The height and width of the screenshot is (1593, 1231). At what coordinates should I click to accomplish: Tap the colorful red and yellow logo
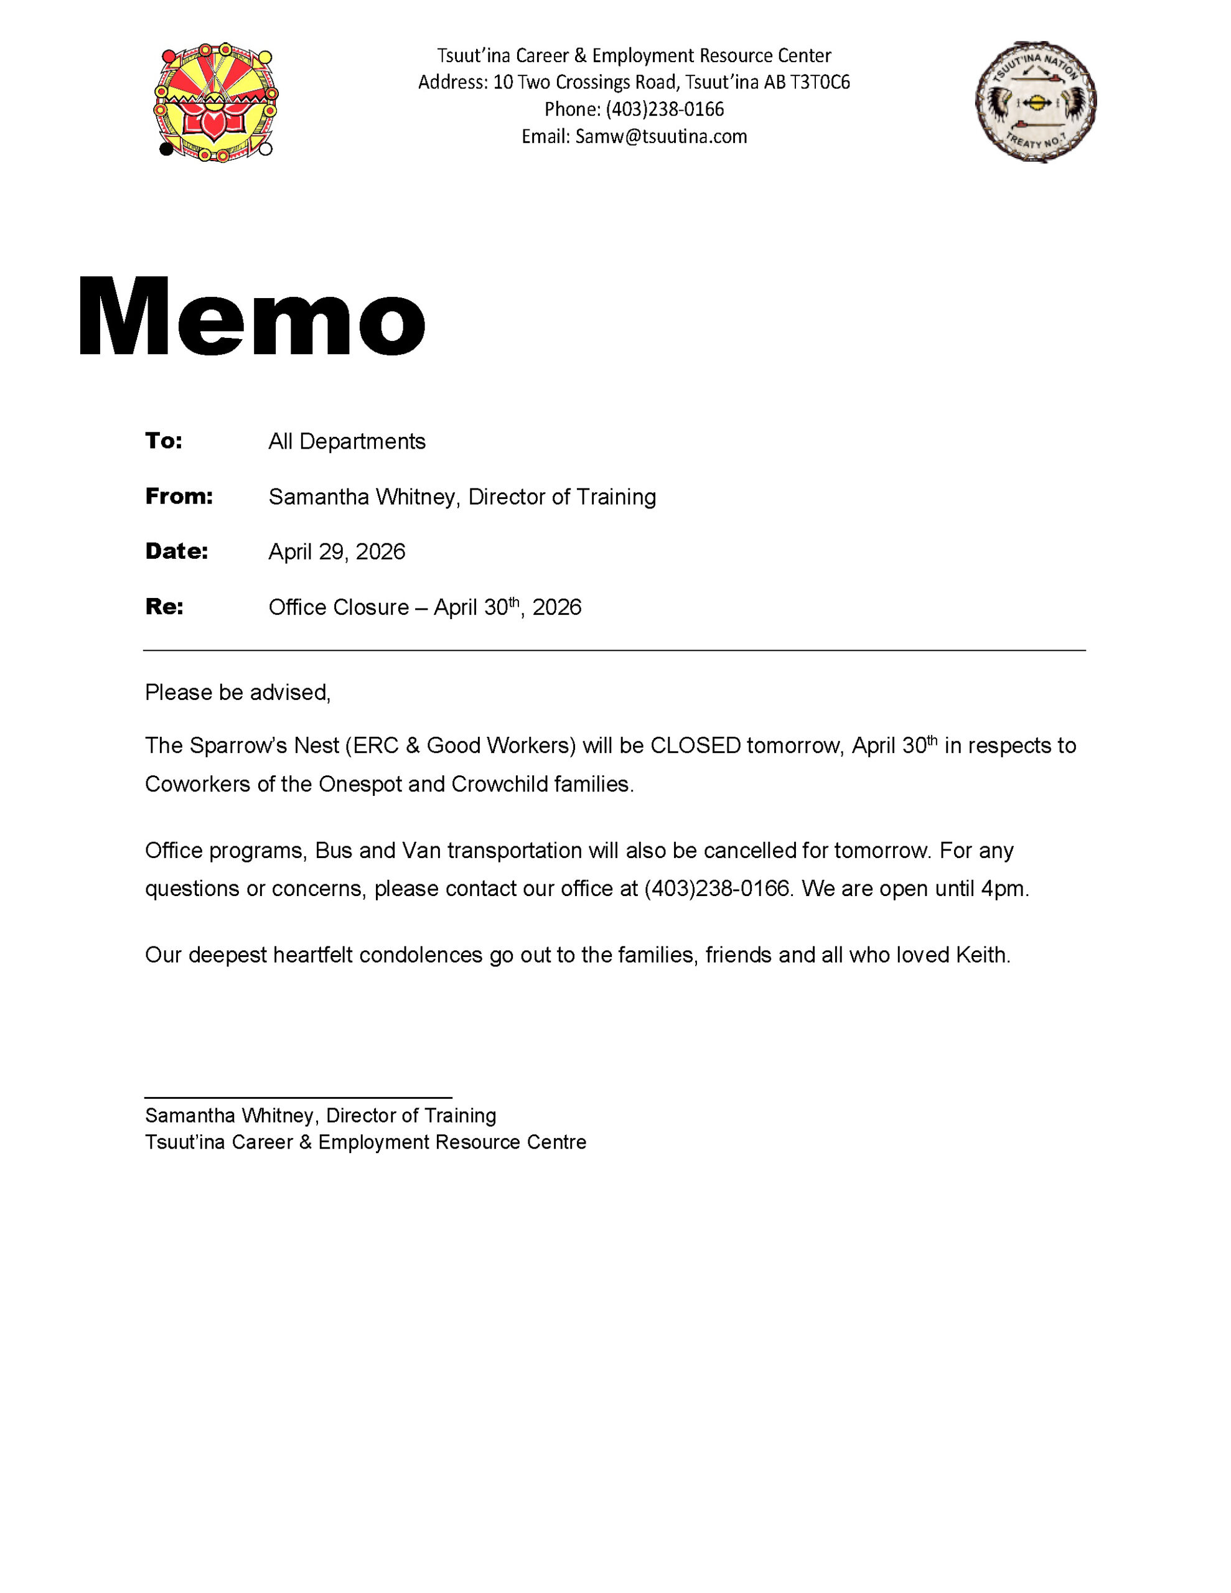click(x=216, y=102)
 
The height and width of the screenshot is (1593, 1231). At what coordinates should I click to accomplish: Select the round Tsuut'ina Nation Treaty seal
click(x=1035, y=101)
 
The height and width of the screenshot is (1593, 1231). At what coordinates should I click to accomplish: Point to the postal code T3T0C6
click(x=820, y=82)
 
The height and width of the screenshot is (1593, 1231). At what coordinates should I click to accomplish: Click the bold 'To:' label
click(x=164, y=441)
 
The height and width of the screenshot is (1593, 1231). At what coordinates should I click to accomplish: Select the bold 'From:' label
click(x=179, y=496)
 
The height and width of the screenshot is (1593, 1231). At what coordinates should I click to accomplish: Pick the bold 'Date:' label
click(x=177, y=551)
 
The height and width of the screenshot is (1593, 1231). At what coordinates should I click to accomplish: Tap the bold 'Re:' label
click(x=164, y=606)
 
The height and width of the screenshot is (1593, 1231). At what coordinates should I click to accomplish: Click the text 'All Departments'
click(x=347, y=441)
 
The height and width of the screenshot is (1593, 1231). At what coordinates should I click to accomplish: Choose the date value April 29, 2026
click(x=337, y=551)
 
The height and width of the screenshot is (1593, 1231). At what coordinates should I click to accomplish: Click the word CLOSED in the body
click(x=695, y=745)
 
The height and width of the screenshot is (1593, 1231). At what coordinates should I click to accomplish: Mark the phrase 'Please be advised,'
click(x=238, y=692)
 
